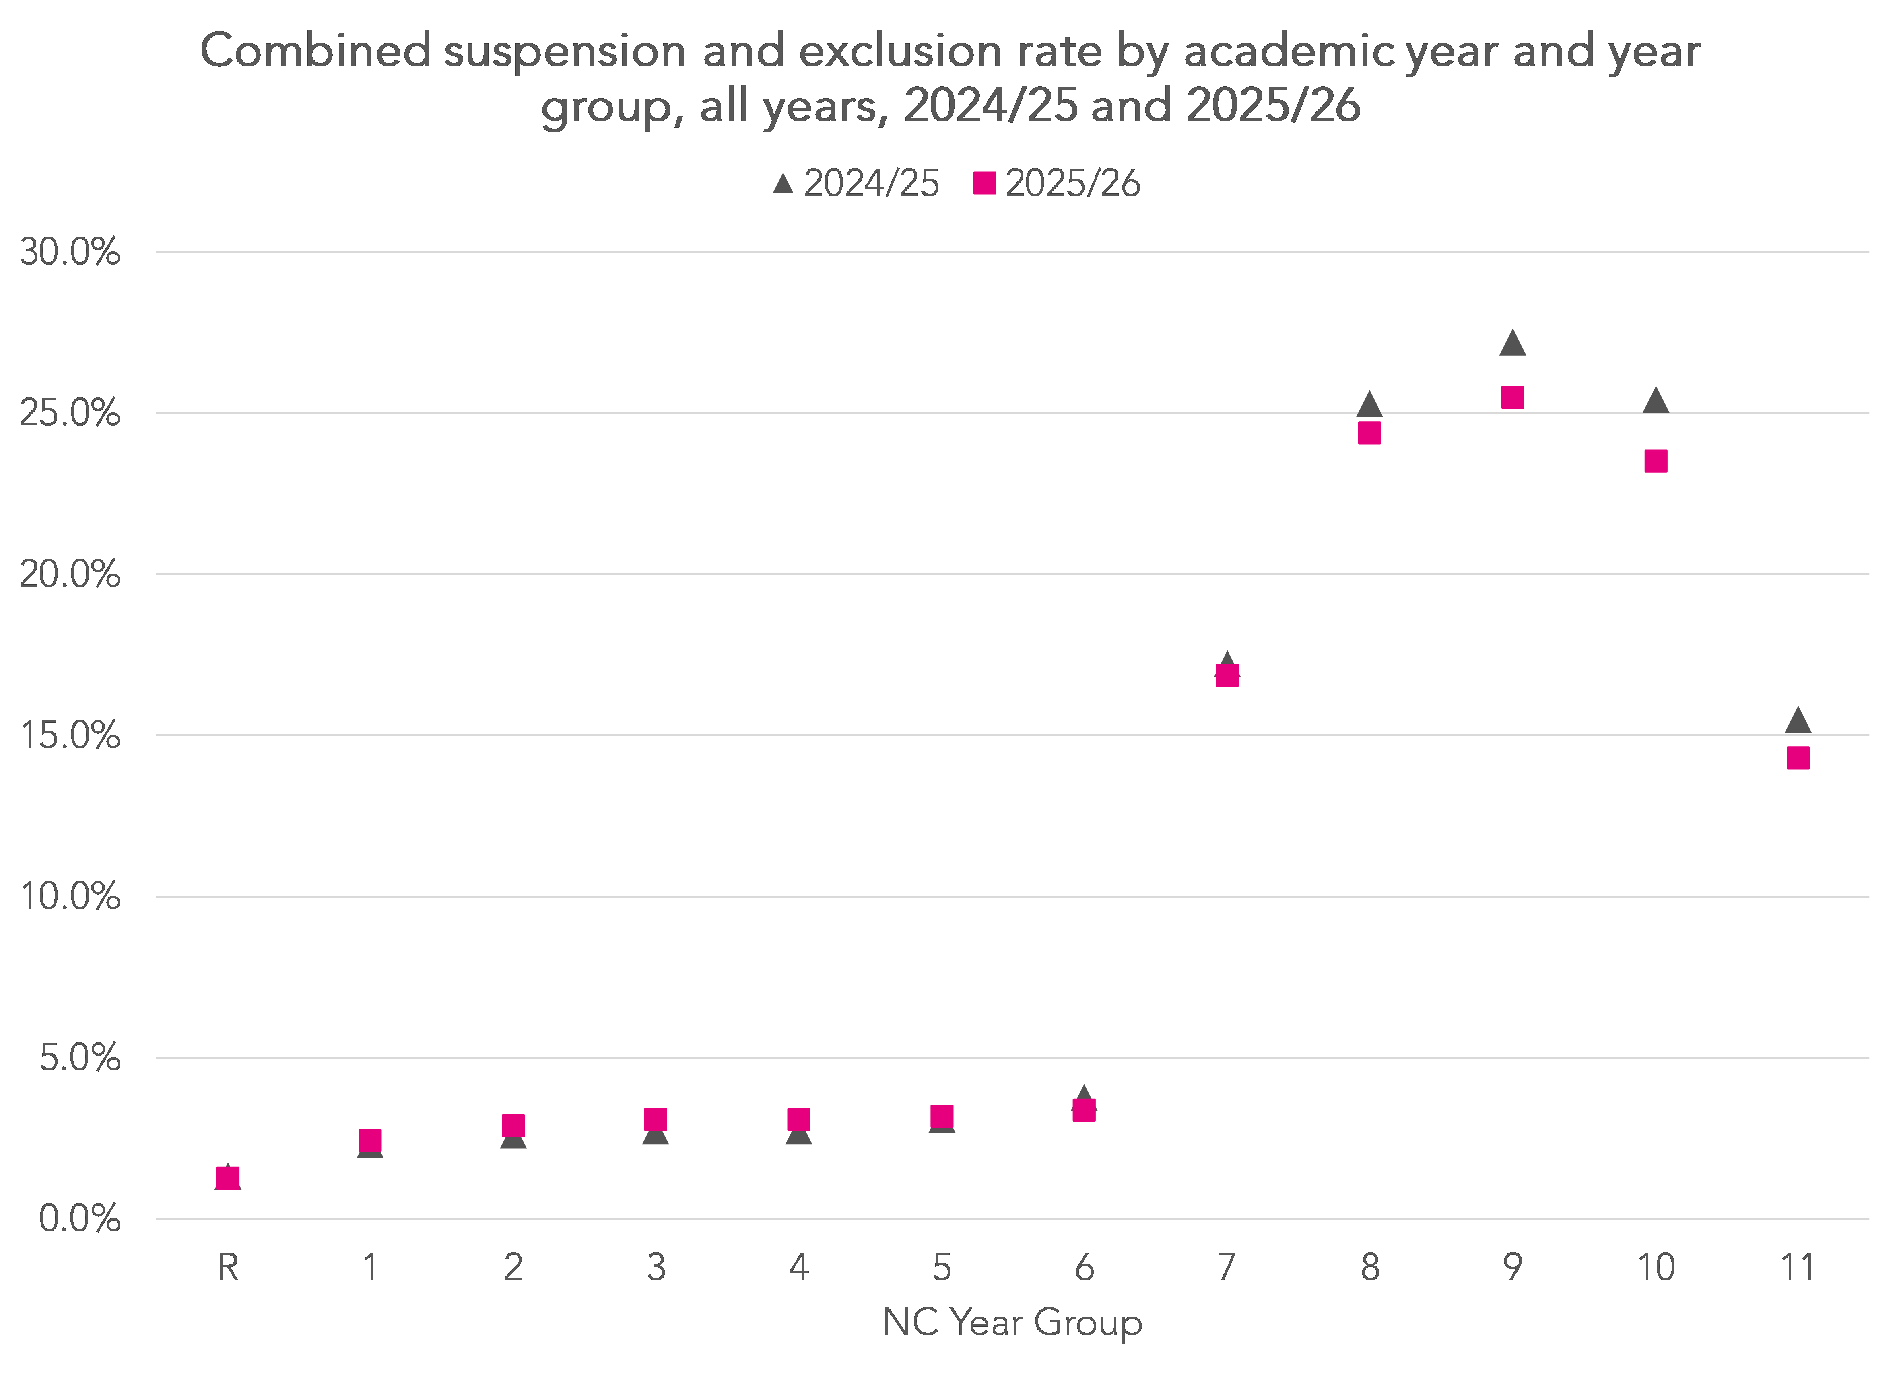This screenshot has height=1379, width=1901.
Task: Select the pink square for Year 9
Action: coord(1512,397)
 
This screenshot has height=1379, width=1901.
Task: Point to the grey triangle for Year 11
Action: coord(1798,720)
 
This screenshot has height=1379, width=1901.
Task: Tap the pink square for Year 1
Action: coord(370,1140)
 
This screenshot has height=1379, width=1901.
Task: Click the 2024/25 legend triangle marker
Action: coord(783,183)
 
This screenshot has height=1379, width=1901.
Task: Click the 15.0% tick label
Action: coord(70,736)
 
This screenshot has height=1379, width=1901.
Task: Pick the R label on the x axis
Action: coord(228,1268)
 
